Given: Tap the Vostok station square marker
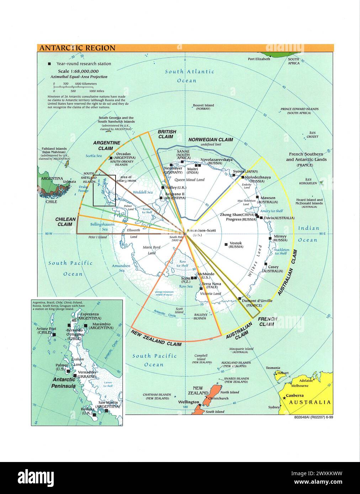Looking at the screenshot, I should click(226, 244).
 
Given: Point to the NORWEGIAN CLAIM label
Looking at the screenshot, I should click(211, 140).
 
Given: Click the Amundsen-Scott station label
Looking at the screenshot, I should click(202, 230).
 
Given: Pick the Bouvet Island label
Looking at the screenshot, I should click(203, 105).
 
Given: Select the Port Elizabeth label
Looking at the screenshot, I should click(259, 59).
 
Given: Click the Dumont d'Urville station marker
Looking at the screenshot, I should click(240, 299).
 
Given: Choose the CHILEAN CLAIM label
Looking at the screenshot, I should click(65, 222).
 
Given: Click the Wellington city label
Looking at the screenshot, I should click(189, 402).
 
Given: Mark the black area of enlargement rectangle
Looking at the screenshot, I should click(104, 190).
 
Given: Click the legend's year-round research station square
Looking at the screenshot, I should click(49, 64).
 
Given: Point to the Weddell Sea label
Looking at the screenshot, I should click(143, 192).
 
